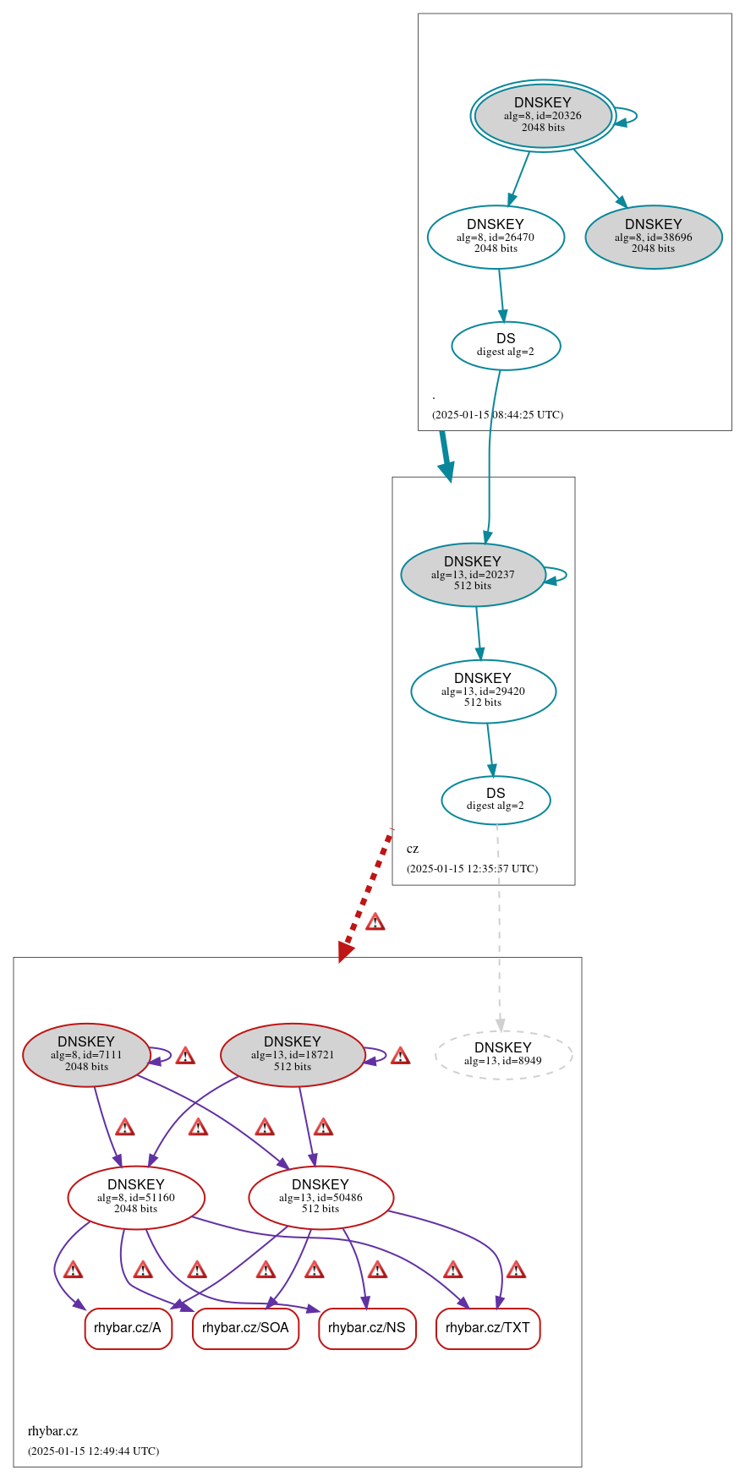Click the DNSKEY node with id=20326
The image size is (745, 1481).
(543, 116)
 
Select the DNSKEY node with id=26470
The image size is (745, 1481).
(496, 238)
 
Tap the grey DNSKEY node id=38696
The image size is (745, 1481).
(653, 238)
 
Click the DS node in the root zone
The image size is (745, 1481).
(506, 346)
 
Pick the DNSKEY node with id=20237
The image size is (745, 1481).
(473, 575)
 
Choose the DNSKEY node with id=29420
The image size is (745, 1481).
(483, 691)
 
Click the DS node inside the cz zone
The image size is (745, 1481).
(496, 800)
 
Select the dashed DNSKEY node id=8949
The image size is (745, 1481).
(503, 1055)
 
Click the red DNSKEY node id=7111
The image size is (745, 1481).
(86, 1055)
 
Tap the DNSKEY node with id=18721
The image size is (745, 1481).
(293, 1055)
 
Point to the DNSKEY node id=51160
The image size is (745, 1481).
(136, 1197)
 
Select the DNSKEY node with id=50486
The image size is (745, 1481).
(320, 1197)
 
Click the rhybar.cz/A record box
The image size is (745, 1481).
(128, 1328)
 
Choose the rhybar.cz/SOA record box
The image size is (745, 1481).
(245, 1328)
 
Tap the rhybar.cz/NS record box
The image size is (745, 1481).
(367, 1328)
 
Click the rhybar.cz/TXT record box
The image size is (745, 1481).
(488, 1328)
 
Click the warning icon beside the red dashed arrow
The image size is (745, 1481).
(375, 921)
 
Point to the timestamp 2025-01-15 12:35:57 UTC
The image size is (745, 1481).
(472, 869)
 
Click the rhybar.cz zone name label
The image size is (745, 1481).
(52, 1431)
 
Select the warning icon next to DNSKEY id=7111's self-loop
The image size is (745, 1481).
(185, 1056)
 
